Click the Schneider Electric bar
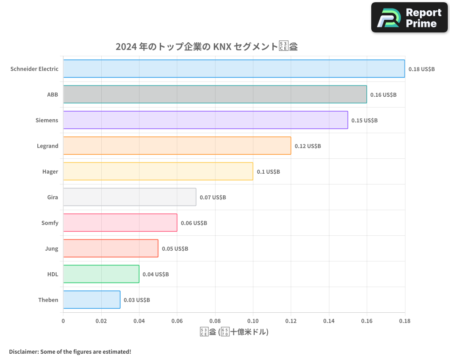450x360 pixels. (234, 69)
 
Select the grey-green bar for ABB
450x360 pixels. (215, 94)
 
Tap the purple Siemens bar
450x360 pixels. (205, 120)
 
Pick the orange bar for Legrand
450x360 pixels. (177, 146)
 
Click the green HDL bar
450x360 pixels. (101, 274)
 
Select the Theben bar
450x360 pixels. (92, 300)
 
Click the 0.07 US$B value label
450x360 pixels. (213, 197)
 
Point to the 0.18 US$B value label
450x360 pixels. (422, 69)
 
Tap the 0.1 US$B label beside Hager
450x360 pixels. (268, 171)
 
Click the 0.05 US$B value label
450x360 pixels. (175, 248)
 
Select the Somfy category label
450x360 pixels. (49, 223)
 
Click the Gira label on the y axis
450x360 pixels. (52, 197)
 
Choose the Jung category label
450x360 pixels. (51, 248)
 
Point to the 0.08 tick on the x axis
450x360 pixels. (215, 321)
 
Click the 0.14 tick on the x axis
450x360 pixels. (329, 321)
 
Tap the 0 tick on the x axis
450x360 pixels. (63, 321)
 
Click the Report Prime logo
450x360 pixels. (409, 18)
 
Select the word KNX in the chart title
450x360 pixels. (222, 46)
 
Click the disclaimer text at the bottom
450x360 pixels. (70, 351)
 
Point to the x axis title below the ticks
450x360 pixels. (234, 332)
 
